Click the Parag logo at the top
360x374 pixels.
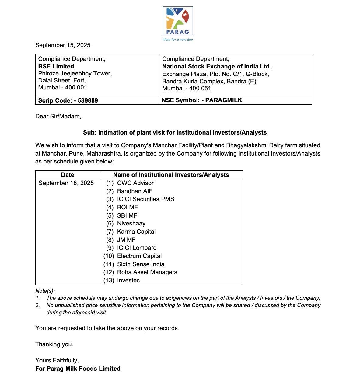(177, 21)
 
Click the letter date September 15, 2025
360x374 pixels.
(63, 45)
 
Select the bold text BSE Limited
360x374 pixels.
(57, 66)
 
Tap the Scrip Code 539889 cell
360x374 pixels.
(68, 100)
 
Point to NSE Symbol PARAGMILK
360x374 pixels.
(202, 100)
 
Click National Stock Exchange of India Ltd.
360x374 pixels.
(216, 66)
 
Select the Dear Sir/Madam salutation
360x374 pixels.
(58, 116)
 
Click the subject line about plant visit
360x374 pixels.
(175, 132)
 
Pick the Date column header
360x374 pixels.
(68, 175)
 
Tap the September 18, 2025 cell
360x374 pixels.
(66, 183)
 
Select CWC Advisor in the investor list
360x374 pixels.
(135, 183)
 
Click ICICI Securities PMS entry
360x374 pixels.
(145, 199)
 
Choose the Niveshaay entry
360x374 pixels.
(131, 223)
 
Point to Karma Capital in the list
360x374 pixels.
(136, 232)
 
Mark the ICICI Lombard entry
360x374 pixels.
(137, 248)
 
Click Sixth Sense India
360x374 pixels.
(141, 264)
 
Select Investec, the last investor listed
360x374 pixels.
(128, 280)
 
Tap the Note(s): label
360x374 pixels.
(45, 291)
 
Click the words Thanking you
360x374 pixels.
(54, 344)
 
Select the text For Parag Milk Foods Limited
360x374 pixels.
(78, 369)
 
